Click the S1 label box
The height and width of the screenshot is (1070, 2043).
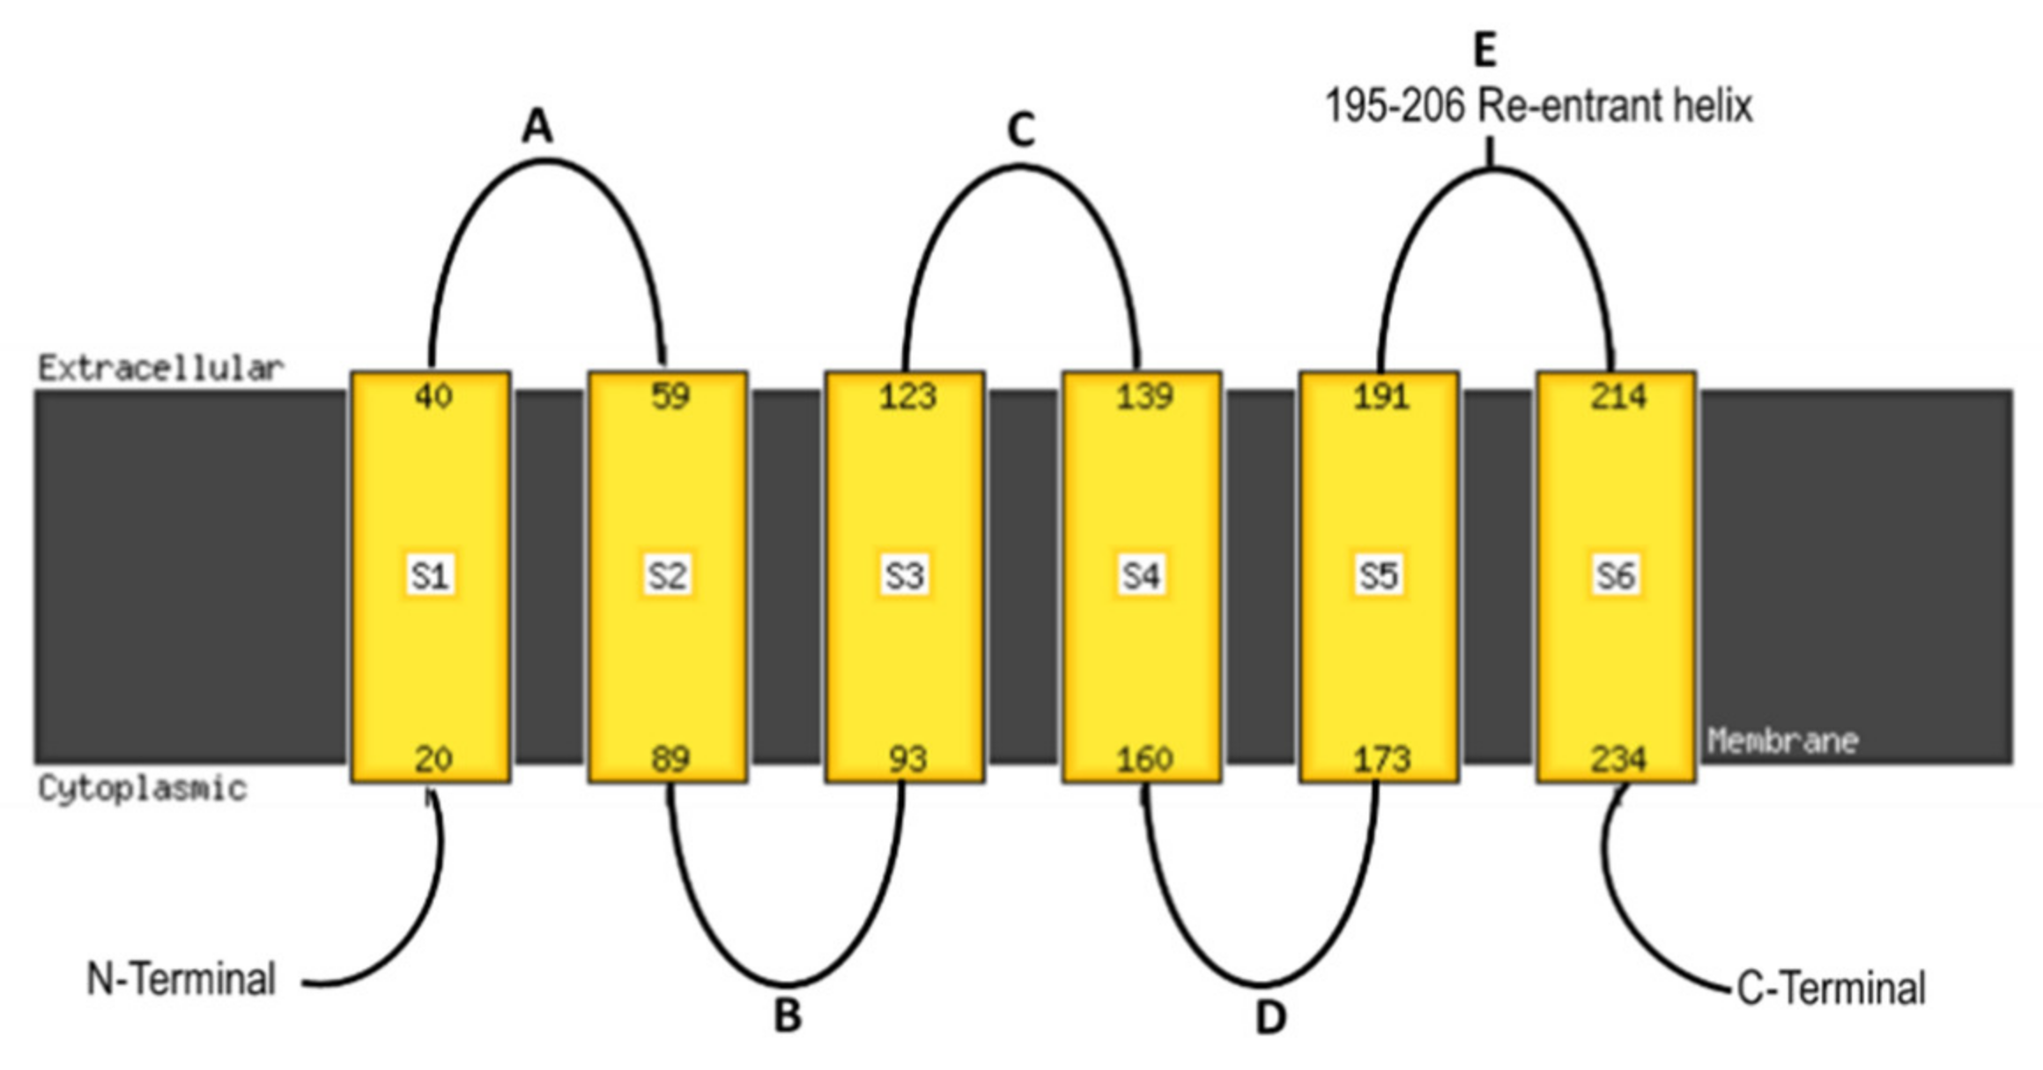click(430, 576)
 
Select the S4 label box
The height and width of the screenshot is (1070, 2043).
click(1142, 576)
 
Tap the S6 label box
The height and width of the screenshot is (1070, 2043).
click(1616, 576)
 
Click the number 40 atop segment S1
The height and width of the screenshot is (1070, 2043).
click(433, 396)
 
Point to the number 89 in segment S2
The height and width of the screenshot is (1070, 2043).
click(670, 758)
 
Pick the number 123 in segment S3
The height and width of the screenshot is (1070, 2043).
click(907, 396)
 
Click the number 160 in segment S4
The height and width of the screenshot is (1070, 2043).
click(1144, 758)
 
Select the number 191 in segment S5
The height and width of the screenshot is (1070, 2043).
click(1381, 396)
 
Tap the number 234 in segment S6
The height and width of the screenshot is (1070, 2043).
click(1618, 758)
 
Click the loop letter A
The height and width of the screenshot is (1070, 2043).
click(537, 127)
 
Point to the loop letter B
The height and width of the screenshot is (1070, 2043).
click(788, 1015)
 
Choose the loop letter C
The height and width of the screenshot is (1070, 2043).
click(1020, 130)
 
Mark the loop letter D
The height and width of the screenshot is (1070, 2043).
click(1269, 1017)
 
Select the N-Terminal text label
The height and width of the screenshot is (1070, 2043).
click(181, 979)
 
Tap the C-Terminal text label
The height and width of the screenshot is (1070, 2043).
click(1831, 988)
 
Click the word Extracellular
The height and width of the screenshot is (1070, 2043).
click(160, 368)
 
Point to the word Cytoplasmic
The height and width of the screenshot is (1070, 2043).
click(142, 788)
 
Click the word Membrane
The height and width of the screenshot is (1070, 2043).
click(1782, 741)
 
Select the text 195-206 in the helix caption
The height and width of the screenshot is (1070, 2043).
click(1394, 107)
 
